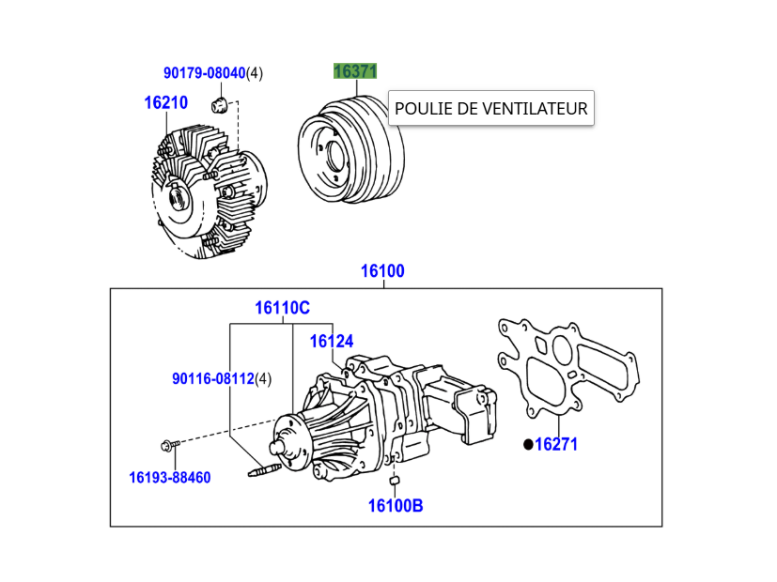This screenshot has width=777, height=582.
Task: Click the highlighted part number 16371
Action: tap(355, 71)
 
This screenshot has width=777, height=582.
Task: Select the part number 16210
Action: tap(165, 103)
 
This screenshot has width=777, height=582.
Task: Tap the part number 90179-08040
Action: tap(204, 72)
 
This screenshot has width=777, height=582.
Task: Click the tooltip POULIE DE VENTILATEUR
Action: tap(490, 109)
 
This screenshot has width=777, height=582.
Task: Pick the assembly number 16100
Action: tap(382, 271)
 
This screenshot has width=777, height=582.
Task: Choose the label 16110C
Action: tap(282, 308)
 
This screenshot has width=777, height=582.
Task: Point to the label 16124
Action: tap(332, 342)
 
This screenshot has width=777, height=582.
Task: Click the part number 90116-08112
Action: tap(213, 379)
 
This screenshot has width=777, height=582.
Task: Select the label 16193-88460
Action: tap(170, 478)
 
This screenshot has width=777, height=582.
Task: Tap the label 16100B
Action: tap(395, 506)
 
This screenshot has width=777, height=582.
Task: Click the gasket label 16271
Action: tap(556, 444)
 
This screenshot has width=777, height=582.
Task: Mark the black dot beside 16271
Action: tap(528, 444)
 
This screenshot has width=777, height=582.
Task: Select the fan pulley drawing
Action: tap(350, 150)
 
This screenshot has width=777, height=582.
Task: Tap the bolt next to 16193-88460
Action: tap(170, 444)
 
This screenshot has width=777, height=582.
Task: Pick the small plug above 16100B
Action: tap(396, 482)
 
